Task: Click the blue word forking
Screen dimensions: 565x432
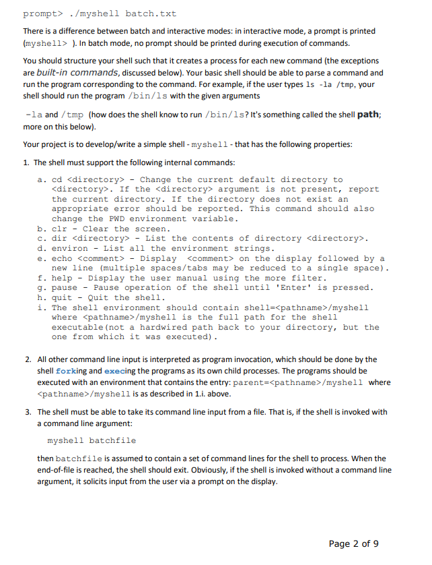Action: point(71,370)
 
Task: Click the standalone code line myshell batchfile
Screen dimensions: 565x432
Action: point(92,440)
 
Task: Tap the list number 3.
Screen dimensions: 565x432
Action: point(27,411)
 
